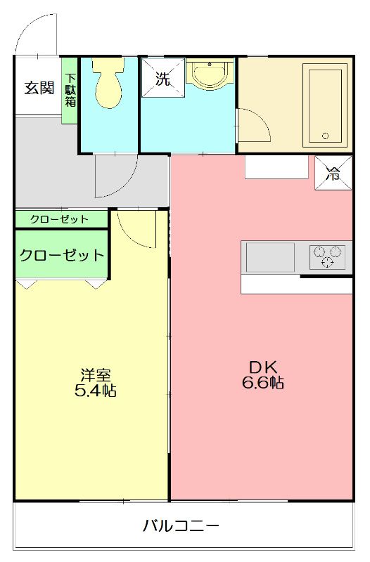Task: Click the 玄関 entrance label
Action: [x=39, y=88]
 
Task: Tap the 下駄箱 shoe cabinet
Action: [x=70, y=90]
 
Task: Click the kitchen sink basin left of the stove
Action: [x=269, y=256]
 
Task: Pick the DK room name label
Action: [x=263, y=367]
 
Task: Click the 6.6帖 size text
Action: [x=263, y=383]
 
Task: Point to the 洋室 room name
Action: [x=95, y=374]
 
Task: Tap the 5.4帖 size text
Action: [x=95, y=391]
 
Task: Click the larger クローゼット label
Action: [x=61, y=255]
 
